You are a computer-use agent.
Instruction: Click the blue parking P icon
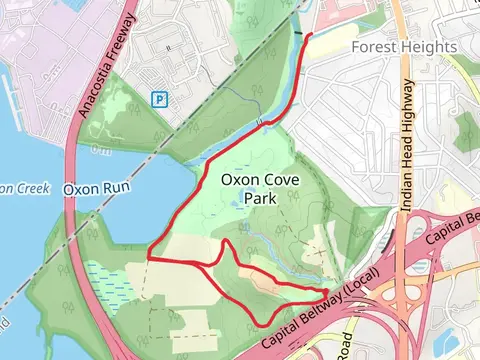pos(158,99)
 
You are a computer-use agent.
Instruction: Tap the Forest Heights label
pos(405,47)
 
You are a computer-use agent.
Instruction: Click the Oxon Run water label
pos(93,188)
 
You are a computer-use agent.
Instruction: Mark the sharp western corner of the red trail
pos(149,257)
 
